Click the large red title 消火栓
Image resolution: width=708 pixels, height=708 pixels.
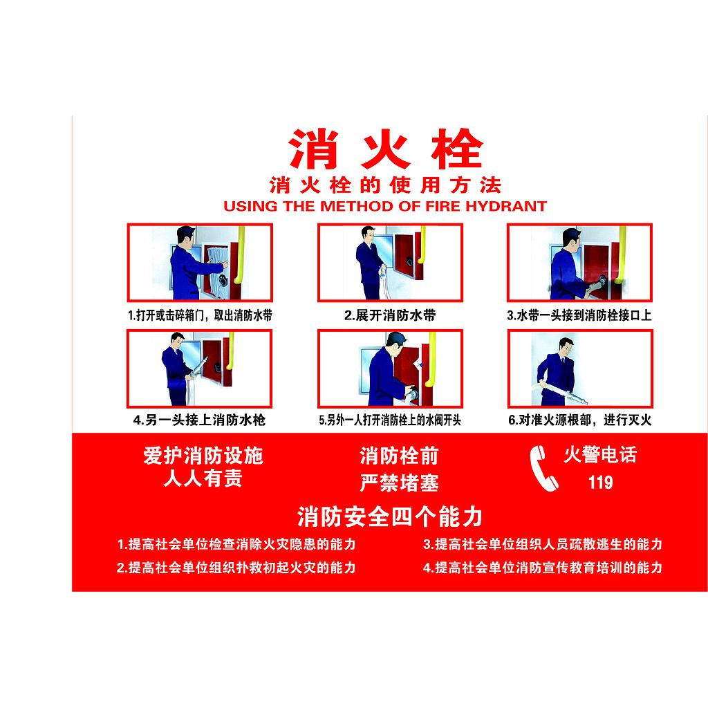pos(386,149)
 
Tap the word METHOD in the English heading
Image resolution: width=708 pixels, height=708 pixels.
pos(356,206)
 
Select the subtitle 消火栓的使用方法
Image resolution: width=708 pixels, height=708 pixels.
pos(385,185)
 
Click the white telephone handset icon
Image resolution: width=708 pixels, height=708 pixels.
pos(543,469)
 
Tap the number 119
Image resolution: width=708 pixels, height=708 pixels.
pos(600,482)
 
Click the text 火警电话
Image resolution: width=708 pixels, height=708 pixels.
pos(600,455)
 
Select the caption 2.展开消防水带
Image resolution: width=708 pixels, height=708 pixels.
pos(390,315)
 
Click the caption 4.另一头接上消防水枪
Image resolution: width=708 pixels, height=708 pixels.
pos(199,420)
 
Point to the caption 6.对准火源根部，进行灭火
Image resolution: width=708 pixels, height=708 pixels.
pos(580,420)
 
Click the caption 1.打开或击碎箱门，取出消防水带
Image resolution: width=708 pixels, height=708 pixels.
pos(200,315)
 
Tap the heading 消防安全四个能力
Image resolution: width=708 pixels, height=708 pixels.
pos(390,516)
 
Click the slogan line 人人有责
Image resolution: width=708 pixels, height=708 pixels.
pos(203,478)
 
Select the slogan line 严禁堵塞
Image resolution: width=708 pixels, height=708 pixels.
pos(399,483)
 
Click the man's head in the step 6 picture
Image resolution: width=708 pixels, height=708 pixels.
pos(566,346)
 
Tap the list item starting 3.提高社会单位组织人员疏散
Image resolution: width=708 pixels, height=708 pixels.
pos(542,544)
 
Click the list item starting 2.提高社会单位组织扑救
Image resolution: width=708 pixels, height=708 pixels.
pos(236,568)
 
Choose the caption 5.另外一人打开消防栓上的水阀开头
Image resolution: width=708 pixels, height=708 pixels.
pos(390,420)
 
